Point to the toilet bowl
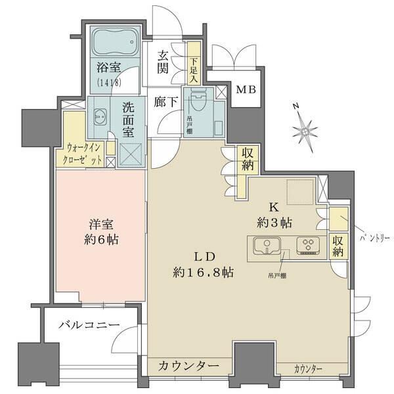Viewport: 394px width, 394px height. pyautogui.click(x=197, y=104)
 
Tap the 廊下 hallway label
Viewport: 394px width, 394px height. pyautogui.click(x=165, y=102)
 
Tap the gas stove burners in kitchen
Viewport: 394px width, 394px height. pyautogui.click(x=307, y=246)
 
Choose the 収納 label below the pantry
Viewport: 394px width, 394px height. pyautogui.click(x=338, y=246)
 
